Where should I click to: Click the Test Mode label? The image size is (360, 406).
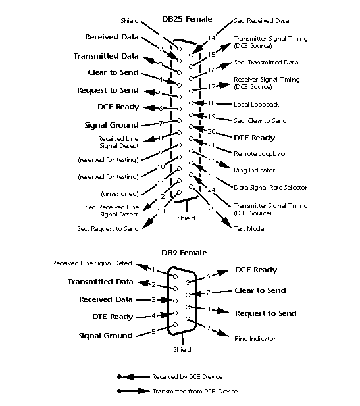click(249, 228)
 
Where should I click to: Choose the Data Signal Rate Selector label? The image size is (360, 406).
click(270, 188)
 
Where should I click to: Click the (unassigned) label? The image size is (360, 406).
click(118, 193)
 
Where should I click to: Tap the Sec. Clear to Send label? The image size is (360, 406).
click(260, 121)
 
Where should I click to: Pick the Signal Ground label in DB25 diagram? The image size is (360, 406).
click(111, 125)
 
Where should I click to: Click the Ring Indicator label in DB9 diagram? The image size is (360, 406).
click(255, 339)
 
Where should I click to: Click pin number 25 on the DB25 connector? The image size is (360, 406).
click(211, 209)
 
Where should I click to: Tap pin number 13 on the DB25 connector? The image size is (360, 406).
click(161, 211)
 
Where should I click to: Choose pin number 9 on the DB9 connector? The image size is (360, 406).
click(209, 328)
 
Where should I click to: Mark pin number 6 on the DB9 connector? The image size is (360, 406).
click(208, 277)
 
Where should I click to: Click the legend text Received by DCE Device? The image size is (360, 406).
click(187, 377)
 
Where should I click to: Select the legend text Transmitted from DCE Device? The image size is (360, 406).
click(195, 391)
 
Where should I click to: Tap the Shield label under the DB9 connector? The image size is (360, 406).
click(182, 350)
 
